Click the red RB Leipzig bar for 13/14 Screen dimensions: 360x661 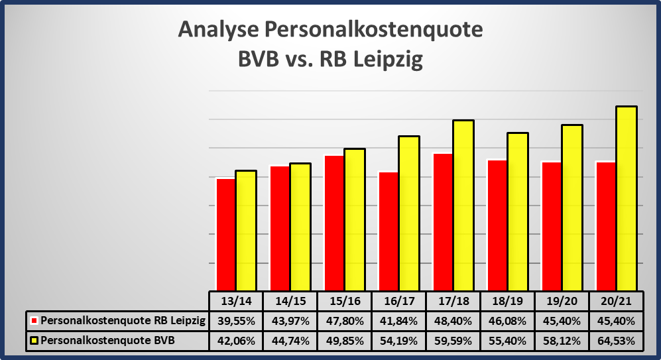[226, 234]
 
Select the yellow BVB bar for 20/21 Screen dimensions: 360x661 [626, 198]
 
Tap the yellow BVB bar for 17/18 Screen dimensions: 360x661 [463, 206]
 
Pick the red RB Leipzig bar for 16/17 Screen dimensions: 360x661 [389, 231]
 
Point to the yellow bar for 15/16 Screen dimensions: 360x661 [355, 219]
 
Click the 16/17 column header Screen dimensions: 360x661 [399, 301]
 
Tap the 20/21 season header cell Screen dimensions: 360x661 [616, 301]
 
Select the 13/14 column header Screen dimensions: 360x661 [236, 301]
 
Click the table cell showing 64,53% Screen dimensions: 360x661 [616, 341]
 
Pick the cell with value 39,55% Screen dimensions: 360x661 [236, 321]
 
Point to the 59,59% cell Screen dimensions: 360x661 [453, 341]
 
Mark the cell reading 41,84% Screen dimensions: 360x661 [399, 321]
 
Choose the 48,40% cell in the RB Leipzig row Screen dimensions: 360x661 [453, 321]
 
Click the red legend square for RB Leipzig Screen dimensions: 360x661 [34, 321]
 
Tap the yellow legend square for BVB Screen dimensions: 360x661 [34, 341]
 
